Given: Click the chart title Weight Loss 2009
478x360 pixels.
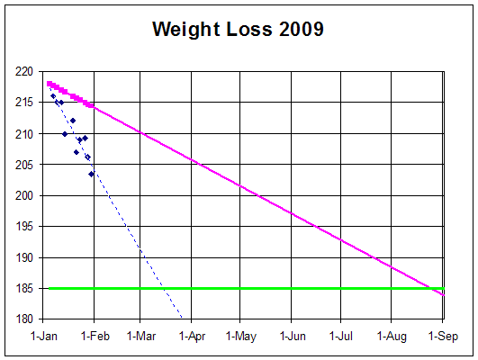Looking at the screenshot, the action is [x=238, y=30].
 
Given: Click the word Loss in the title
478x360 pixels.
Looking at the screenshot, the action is [x=249, y=30].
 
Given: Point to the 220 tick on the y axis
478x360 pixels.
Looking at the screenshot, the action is [x=24, y=72].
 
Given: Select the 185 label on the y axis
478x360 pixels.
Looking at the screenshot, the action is [x=24, y=288].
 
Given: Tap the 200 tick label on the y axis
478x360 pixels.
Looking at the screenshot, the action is [x=24, y=195].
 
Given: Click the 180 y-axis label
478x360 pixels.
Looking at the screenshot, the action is [x=24, y=319].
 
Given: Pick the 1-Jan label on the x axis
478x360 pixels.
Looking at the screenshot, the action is [x=44, y=336].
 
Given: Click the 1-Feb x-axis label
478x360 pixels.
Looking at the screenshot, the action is [x=95, y=336].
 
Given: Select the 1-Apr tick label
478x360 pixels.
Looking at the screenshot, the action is [x=192, y=336].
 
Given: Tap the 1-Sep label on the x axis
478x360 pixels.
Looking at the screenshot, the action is [x=443, y=336].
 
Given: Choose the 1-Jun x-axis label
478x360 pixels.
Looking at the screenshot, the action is [x=293, y=336].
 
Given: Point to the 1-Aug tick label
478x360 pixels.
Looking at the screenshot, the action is [x=392, y=336].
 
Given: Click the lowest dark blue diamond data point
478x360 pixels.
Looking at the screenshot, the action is [x=91, y=174].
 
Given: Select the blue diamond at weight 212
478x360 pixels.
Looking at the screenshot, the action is [x=73, y=121].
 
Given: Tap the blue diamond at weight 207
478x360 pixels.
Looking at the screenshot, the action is [x=77, y=152].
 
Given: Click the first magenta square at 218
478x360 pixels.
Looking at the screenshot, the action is [x=50, y=84].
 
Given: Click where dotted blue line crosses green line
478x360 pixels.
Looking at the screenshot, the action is [x=164, y=288].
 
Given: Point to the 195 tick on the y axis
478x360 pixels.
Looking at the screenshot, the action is [x=24, y=226].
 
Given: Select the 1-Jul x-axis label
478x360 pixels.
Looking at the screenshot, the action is [x=341, y=336].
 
